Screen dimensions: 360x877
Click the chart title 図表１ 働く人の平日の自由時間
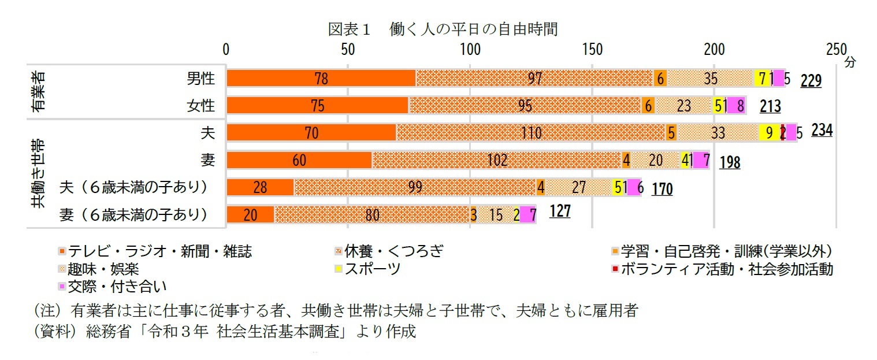[x=443, y=29]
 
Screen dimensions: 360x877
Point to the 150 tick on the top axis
[x=593, y=49]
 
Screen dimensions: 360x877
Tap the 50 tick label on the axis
[x=348, y=49]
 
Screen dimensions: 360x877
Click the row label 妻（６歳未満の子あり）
[x=133, y=215]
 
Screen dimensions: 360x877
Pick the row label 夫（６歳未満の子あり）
[x=133, y=187]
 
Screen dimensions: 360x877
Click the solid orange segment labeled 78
[x=321, y=78]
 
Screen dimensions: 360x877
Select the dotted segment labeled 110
[x=530, y=133]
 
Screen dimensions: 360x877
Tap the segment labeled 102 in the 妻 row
[x=497, y=160]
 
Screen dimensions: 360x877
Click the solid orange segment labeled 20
[x=250, y=215]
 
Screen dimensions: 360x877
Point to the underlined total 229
[x=811, y=81]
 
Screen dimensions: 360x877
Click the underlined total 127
[x=560, y=211]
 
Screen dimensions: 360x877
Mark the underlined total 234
[x=822, y=131]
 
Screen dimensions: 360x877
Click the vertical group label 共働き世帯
[x=39, y=173]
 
